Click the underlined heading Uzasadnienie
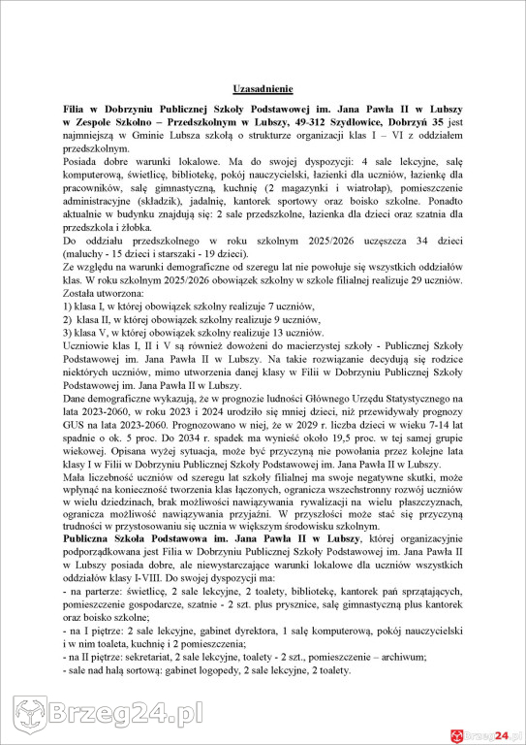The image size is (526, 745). tap(263, 87)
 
